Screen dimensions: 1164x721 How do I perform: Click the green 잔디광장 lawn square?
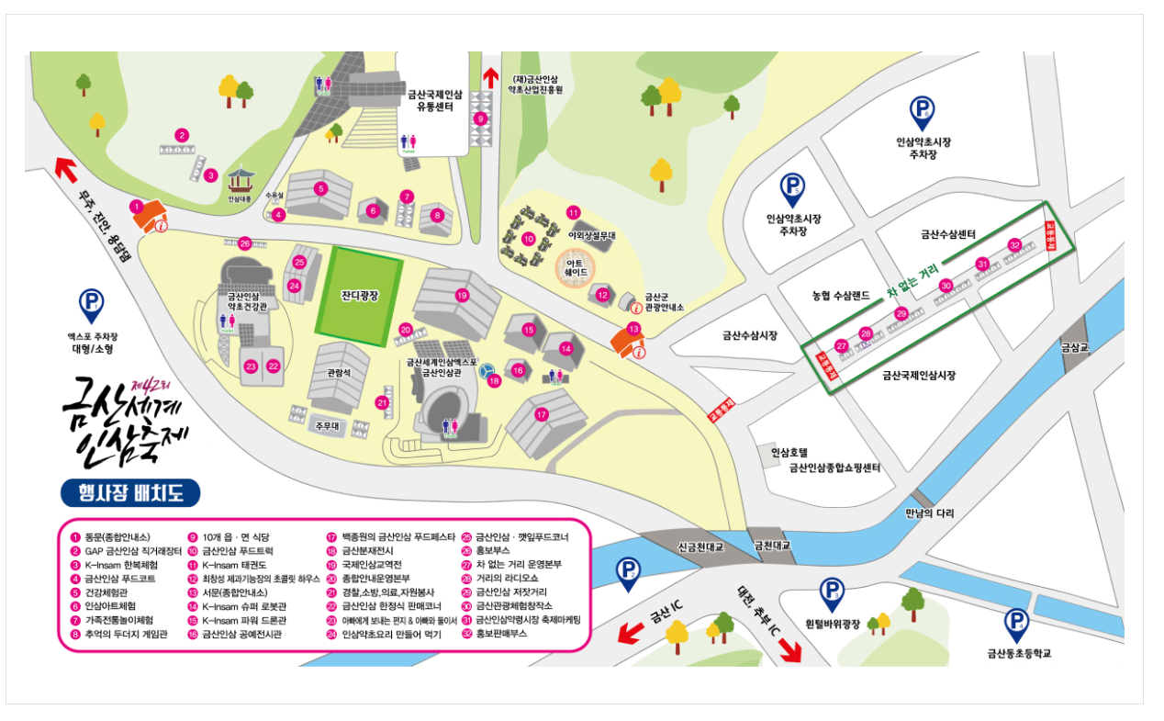[x=360, y=295]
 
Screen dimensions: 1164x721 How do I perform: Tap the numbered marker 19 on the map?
[x=462, y=295]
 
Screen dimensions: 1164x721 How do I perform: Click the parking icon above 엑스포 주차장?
[x=91, y=302]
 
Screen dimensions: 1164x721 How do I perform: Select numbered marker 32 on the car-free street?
[x=1014, y=244]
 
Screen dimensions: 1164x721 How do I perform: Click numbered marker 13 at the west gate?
[x=633, y=329]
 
